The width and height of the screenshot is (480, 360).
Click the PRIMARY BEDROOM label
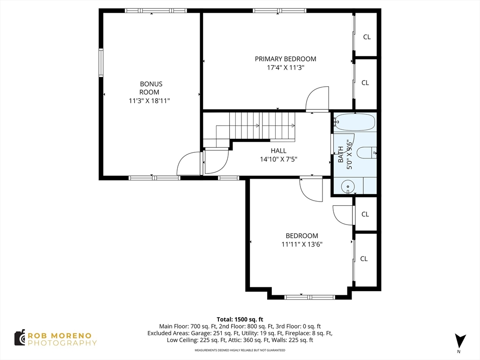(x=285, y=59)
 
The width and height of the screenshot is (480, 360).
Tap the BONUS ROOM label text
(x=150, y=88)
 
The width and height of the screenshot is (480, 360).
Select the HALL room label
(x=278, y=150)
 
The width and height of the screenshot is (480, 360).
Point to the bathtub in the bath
(x=354, y=122)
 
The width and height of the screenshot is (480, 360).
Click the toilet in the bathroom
(x=367, y=152)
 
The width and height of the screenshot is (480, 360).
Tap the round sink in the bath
(x=348, y=186)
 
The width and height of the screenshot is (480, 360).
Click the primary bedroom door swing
(x=317, y=98)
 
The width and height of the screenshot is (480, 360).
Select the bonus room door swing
(x=188, y=164)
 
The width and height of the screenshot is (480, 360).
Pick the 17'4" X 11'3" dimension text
(x=285, y=67)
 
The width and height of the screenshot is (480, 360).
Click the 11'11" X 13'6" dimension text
(x=302, y=244)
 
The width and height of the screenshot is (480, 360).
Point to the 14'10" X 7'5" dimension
(x=278, y=159)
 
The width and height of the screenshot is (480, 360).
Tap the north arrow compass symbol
(x=460, y=342)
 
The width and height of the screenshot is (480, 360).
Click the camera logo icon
(x=20, y=338)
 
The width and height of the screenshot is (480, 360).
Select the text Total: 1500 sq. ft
(x=240, y=319)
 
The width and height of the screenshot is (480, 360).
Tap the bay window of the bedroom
(x=309, y=297)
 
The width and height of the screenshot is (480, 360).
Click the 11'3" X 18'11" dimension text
(x=150, y=101)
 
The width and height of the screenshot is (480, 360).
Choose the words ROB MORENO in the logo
(x=60, y=336)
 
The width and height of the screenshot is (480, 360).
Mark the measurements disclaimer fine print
(x=240, y=350)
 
